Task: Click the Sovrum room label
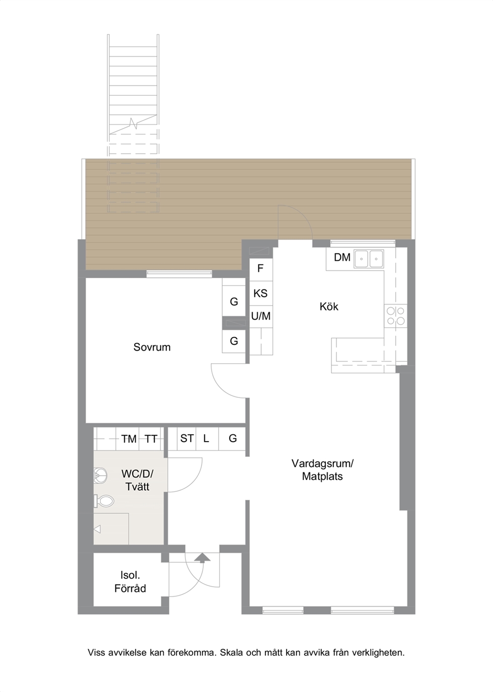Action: (x=152, y=347)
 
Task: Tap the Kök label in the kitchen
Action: (x=329, y=307)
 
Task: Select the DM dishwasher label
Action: (x=342, y=257)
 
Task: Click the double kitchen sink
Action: (x=369, y=259)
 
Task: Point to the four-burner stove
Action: (x=396, y=316)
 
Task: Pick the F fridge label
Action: (x=260, y=268)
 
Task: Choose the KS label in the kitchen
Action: (x=260, y=293)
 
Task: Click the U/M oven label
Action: (x=261, y=316)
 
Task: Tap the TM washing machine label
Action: (x=129, y=439)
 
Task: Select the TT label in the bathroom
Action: (x=151, y=439)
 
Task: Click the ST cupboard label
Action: (x=187, y=438)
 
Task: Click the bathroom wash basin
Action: (x=100, y=476)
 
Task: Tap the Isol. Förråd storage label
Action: (x=130, y=582)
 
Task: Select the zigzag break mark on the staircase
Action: (x=133, y=124)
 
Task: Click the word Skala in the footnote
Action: (x=232, y=653)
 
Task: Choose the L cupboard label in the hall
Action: (x=206, y=438)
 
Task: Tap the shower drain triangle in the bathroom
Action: (x=97, y=529)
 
